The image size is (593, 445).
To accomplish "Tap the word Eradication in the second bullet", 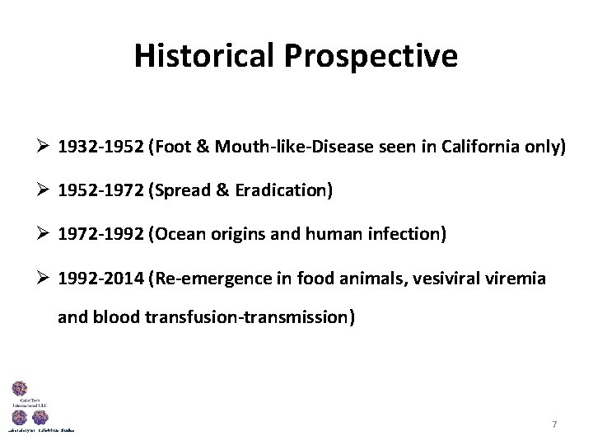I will coord(283,191).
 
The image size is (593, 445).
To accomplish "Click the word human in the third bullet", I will coord(338,235).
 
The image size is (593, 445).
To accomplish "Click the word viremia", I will coord(515,279).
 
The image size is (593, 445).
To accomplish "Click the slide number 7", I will coord(554,424).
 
